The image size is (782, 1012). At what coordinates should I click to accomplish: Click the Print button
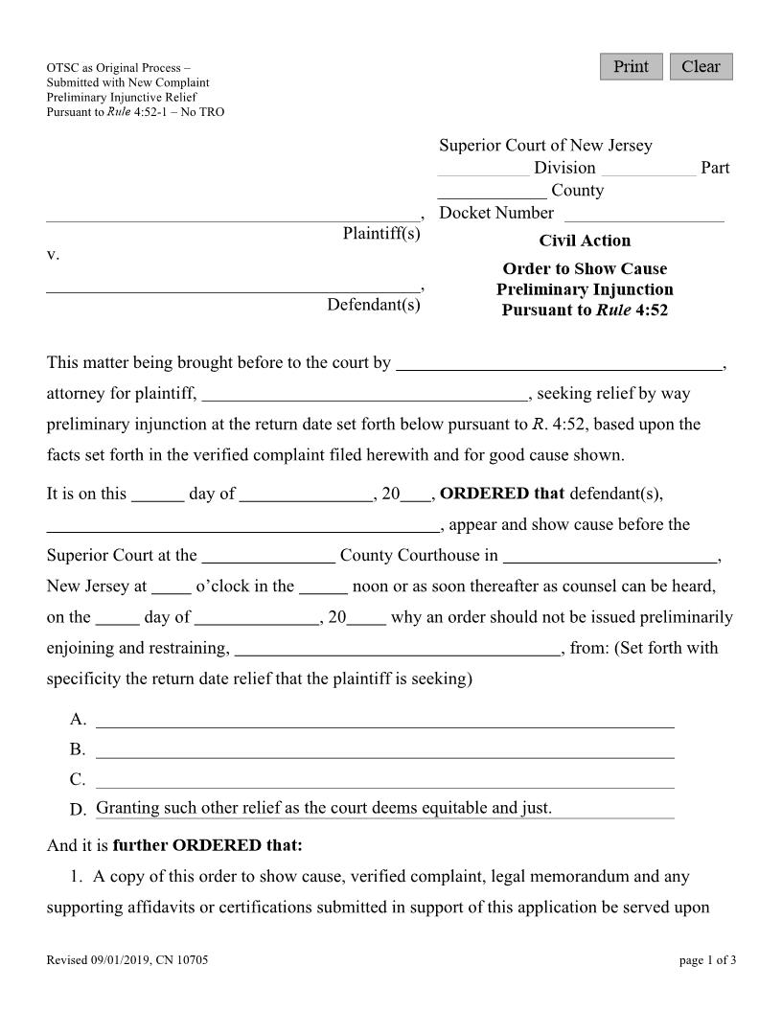[631, 67]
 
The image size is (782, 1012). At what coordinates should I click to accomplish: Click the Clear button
[701, 67]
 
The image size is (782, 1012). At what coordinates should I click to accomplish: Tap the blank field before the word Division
[483, 169]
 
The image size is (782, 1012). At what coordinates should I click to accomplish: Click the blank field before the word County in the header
[492, 191]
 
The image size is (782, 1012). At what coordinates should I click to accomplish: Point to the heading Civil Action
[585, 241]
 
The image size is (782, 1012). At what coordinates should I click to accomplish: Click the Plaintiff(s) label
[381, 234]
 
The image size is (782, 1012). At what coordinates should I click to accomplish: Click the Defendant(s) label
[374, 305]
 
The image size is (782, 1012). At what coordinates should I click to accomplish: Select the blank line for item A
[384, 719]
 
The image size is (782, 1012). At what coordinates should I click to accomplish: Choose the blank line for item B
[384, 748]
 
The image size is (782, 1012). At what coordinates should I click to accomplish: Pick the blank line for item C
[384, 779]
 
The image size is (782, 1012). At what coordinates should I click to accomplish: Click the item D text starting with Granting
[324, 808]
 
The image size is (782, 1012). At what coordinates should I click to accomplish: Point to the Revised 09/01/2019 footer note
[127, 959]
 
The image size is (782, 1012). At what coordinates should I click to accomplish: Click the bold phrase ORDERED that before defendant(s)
[502, 494]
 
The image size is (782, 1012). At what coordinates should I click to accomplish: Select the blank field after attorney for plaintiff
[364, 393]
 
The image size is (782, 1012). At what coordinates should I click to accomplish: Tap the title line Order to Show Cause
[585, 268]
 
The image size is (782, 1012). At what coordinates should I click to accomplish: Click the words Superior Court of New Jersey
[545, 146]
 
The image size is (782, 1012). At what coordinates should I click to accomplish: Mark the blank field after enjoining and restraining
[397, 648]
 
